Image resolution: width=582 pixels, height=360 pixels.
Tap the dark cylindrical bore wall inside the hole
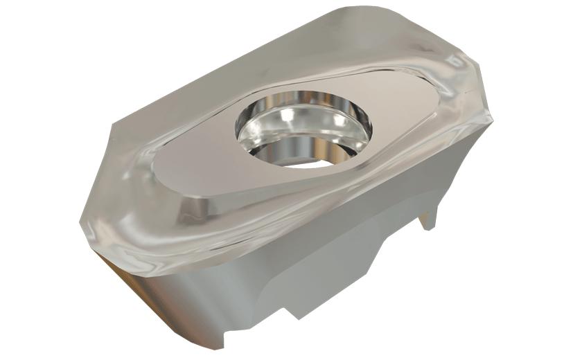277,149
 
